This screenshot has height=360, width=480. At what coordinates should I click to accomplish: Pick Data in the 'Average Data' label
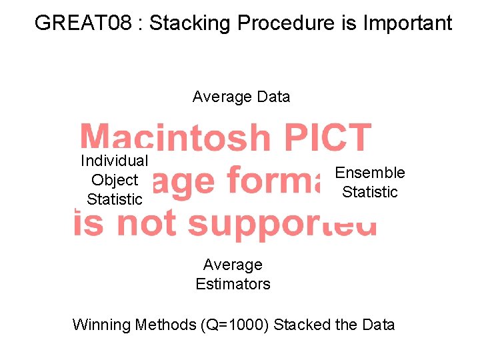(273, 97)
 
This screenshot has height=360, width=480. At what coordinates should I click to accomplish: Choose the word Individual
(114, 161)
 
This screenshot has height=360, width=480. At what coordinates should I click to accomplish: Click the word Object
(115, 180)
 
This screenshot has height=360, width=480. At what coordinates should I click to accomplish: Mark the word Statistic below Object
(115, 199)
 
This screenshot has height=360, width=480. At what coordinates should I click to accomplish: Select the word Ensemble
(370, 173)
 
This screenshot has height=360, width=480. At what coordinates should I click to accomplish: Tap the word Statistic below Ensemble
(370, 192)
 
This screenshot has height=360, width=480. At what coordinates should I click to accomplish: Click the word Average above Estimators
(233, 265)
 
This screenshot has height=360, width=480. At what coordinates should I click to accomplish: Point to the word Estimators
(233, 284)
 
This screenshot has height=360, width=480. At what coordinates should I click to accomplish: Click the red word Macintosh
(175, 138)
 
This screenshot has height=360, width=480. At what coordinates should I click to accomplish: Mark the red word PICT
(326, 138)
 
